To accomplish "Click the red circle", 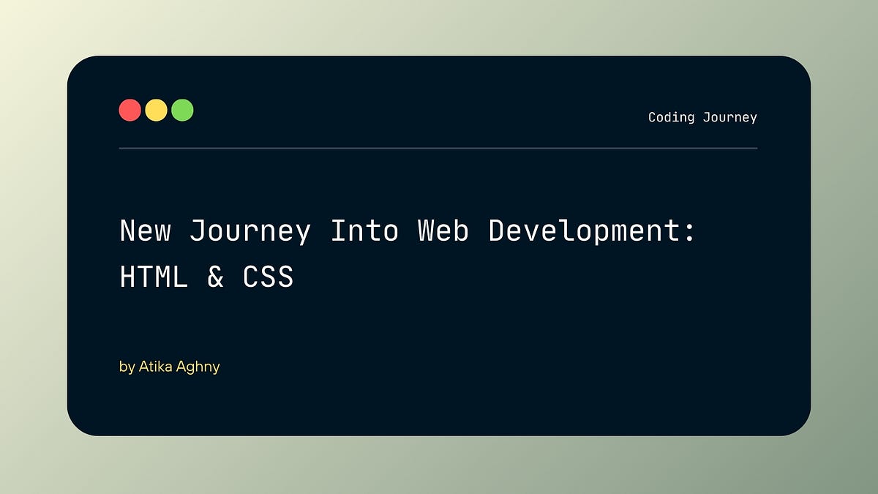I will (130, 111).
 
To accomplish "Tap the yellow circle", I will (156, 111).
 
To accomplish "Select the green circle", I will (182, 111).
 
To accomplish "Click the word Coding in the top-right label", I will (671, 117).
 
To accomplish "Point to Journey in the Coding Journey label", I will (729, 117).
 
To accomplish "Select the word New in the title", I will (145, 231).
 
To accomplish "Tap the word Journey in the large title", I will (249, 231).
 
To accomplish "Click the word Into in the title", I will (364, 231).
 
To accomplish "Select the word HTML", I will (154, 277).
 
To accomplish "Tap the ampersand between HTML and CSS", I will (215, 277).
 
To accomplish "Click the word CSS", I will (268, 277).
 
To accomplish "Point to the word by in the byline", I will (127, 367).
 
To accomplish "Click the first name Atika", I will (154, 366).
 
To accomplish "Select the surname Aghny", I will (197, 367).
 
